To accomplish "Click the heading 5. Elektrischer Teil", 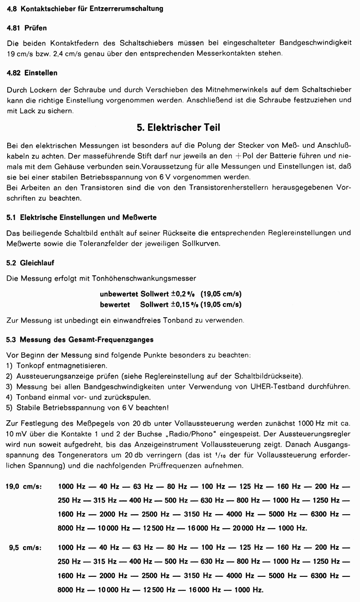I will tap(179, 128).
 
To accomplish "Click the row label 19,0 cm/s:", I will tap(23, 486).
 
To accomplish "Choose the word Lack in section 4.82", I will tap(29, 110).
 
